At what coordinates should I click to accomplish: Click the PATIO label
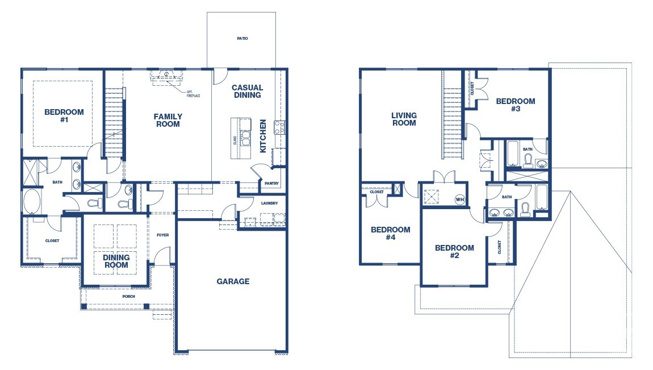tap(242, 39)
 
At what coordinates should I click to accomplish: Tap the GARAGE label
tap(233, 281)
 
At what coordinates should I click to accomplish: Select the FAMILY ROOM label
tap(168, 120)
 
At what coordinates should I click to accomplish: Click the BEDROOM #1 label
tap(64, 116)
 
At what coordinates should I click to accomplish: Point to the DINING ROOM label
tap(116, 261)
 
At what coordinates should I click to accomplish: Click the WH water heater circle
tap(459, 199)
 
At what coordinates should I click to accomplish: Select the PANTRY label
tap(271, 183)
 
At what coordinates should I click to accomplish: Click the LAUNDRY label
tap(269, 203)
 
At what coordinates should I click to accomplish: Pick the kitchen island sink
tap(246, 137)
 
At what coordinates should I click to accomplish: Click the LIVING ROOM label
tap(404, 119)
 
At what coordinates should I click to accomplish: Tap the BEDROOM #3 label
tap(515, 105)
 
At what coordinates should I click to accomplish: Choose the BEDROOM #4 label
tap(390, 233)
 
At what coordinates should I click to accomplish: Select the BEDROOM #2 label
tap(454, 251)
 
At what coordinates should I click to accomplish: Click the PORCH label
tap(129, 296)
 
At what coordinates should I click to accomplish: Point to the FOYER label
tap(162, 235)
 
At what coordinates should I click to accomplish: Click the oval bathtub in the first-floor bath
tap(31, 201)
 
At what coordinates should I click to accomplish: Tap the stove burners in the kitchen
tap(279, 127)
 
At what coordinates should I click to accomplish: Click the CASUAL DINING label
tap(247, 92)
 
